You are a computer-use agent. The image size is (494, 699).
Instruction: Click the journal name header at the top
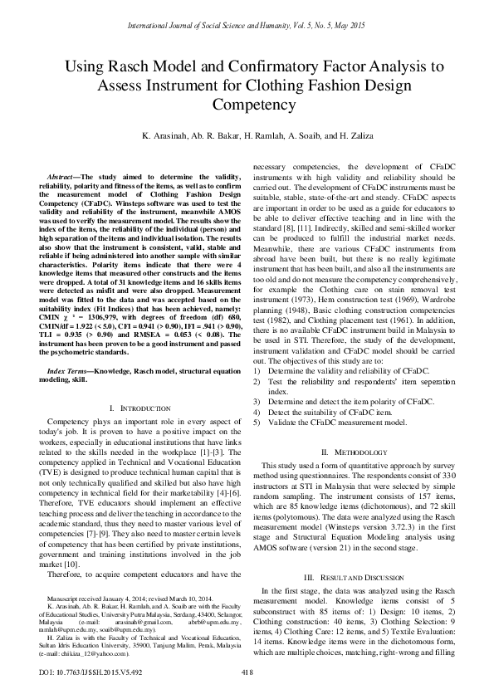pos(247,27)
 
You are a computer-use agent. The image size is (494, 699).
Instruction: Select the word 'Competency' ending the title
pos(247,105)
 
